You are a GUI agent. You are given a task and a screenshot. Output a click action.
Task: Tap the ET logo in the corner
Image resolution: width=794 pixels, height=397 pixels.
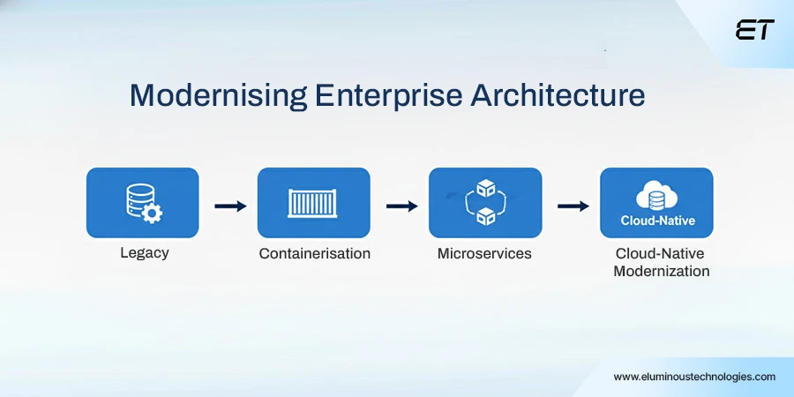point(754,30)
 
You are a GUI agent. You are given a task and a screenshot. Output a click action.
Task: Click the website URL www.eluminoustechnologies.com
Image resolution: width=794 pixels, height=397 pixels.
point(694,377)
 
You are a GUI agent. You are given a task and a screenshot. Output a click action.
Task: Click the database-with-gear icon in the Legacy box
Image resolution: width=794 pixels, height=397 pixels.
point(142,202)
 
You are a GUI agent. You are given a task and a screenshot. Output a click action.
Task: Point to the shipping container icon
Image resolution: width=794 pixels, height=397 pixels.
point(314,203)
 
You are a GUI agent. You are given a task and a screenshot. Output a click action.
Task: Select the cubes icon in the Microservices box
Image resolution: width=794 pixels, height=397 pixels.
point(484,202)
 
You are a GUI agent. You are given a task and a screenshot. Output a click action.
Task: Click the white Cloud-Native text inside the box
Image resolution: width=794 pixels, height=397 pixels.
point(657,221)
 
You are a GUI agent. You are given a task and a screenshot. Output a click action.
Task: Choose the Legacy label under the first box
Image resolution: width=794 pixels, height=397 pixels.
point(144,253)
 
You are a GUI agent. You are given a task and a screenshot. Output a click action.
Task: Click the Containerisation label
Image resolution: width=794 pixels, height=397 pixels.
point(314,253)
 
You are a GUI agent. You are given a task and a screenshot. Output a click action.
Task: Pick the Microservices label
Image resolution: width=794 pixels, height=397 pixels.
point(484,253)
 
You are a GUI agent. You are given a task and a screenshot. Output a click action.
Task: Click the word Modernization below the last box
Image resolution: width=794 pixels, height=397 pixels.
point(661,272)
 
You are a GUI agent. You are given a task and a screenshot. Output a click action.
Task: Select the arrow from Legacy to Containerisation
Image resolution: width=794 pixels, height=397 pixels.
point(230,206)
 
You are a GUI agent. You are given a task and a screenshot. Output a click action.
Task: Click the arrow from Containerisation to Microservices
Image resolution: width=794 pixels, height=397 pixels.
point(401,206)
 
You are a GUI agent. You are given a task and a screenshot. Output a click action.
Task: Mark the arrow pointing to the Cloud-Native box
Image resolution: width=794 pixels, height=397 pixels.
point(573,206)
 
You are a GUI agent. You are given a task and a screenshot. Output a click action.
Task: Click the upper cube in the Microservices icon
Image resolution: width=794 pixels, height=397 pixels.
point(484,188)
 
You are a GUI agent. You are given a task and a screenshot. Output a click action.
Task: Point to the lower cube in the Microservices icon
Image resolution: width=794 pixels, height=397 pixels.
point(484,216)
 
